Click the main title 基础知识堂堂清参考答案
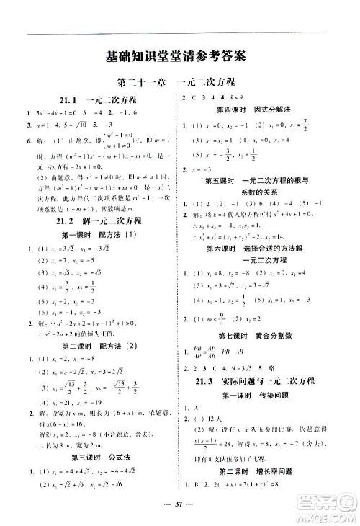pos(175,55)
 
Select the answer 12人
pos(212,419)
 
